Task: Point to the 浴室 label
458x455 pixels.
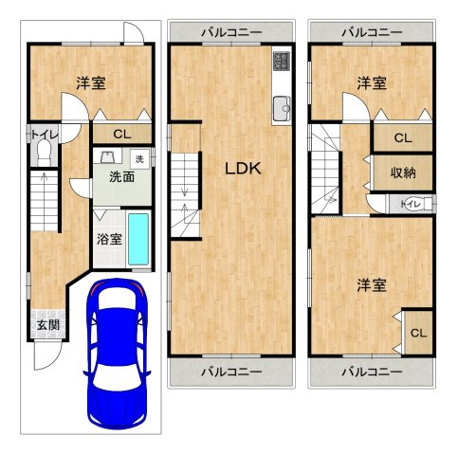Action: (x=109, y=238)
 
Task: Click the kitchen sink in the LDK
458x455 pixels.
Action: (x=282, y=108)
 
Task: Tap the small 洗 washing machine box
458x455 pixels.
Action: (x=140, y=157)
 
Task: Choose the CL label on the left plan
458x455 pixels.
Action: (x=123, y=134)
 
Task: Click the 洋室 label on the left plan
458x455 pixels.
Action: (x=90, y=83)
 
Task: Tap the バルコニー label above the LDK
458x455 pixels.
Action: (x=230, y=33)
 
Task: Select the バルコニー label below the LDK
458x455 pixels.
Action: (x=230, y=372)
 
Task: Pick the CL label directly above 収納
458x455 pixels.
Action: (x=403, y=138)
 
